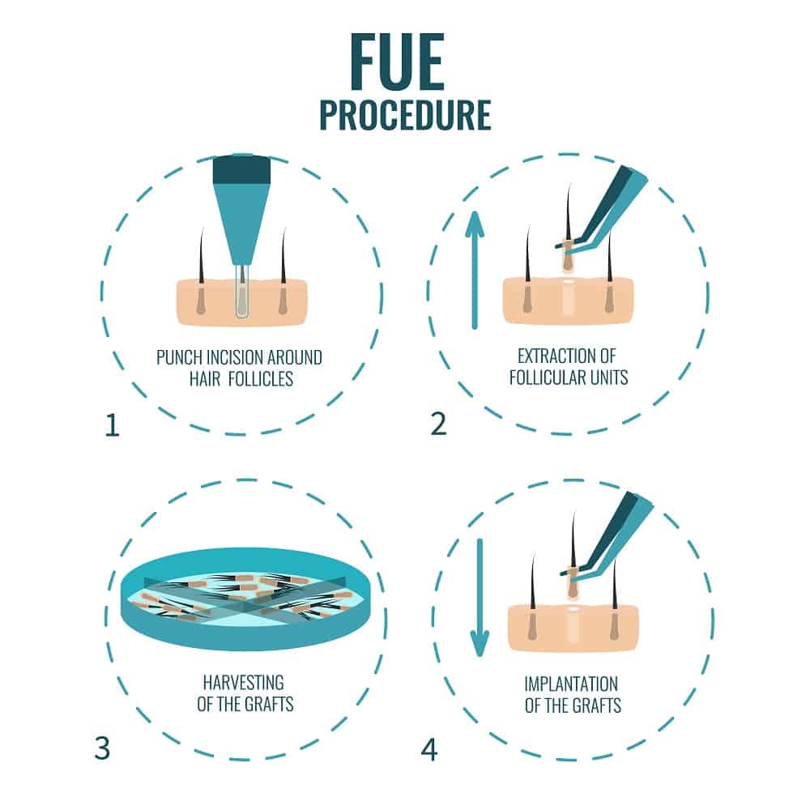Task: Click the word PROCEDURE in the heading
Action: (405, 116)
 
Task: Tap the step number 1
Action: (112, 424)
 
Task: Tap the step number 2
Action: (438, 423)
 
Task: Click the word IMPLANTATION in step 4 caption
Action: (572, 684)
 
